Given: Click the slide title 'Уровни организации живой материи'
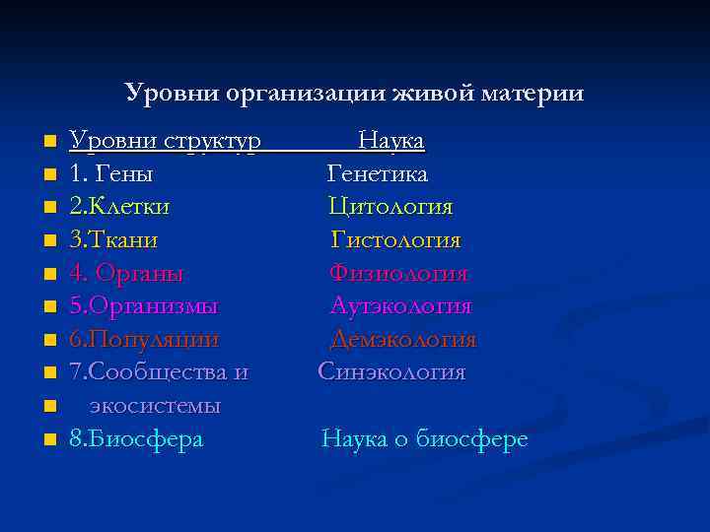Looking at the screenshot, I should click(354, 94).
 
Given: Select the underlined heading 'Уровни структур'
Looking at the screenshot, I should click(165, 142).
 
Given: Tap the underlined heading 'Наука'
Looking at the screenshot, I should click(391, 142).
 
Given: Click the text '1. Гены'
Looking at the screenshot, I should click(110, 174).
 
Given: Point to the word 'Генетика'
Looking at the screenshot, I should click(378, 174).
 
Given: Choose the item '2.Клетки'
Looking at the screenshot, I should click(119, 207).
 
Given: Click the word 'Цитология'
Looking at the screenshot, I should click(390, 207).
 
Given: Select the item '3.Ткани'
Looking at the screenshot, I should click(113, 239).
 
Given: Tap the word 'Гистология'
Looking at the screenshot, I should click(395, 239).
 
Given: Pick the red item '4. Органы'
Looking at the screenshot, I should click(127, 273).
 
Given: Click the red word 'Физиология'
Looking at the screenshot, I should click(398, 273).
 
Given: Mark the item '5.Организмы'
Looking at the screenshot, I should click(144, 306).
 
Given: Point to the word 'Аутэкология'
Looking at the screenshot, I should click(400, 306).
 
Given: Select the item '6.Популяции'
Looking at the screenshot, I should click(144, 340).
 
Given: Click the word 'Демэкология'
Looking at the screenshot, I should click(402, 340).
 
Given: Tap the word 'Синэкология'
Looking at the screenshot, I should click(391, 372).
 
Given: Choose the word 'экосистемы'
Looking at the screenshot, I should click(155, 406).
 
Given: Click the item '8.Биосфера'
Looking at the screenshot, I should click(136, 439).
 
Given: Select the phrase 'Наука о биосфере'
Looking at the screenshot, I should click(425, 439).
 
